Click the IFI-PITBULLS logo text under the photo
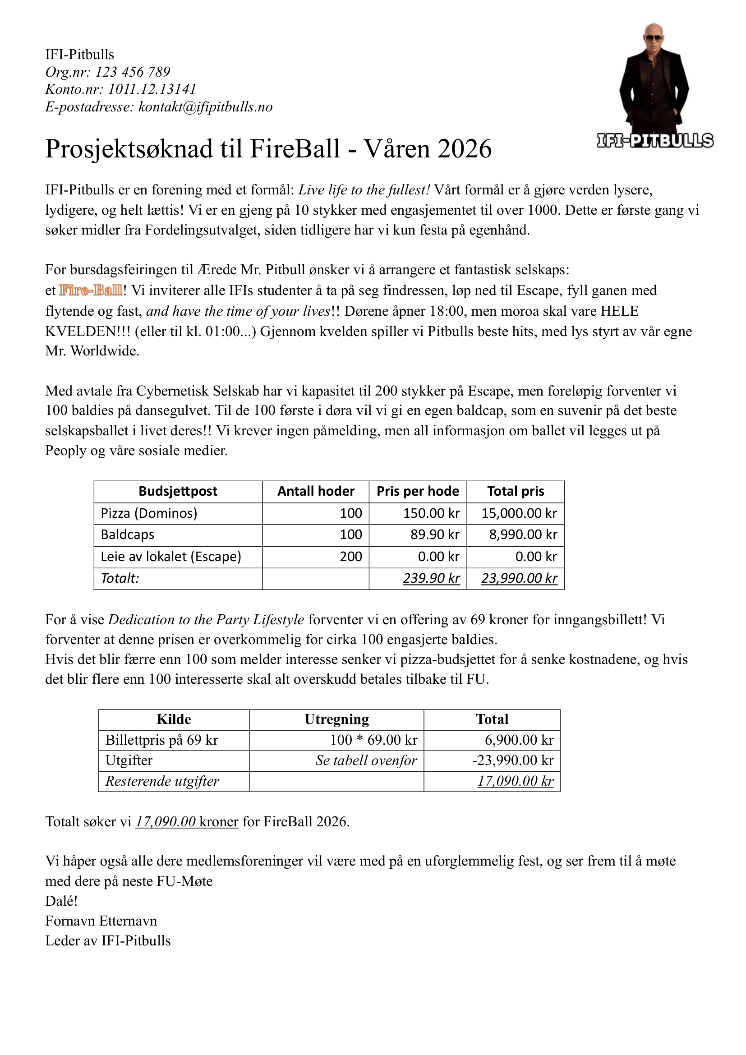[x=655, y=141]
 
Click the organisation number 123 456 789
[x=132, y=72]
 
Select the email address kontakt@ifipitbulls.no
[x=205, y=107]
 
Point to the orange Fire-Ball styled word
[x=91, y=290]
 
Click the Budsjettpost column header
[x=178, y=491]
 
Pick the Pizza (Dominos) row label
[x=149, y=513]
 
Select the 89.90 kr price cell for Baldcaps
[x=434, y=534]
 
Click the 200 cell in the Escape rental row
[x=350, y=557]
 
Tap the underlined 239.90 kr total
[x=431, y=578]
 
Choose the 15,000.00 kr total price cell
[x=519, y=513]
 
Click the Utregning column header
[x=336, y=719]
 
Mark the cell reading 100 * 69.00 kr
[x=373, y=740]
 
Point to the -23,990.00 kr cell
[x=513, y=760]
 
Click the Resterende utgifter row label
[x=162, y=781]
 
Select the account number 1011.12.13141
[x=152, y=89]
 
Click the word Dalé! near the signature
[x=61, y=901]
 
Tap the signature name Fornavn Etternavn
[x=101, y=921]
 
